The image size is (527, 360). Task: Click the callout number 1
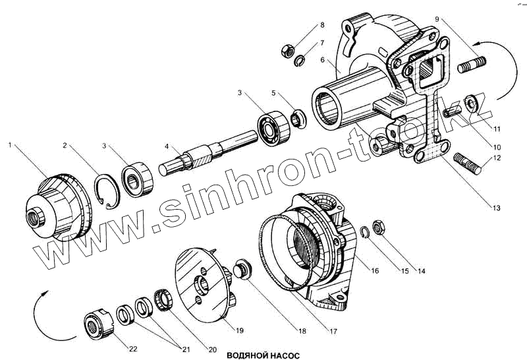click(10, 143)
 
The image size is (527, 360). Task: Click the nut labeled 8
click(287, 49)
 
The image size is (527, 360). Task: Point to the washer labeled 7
click(300, 62)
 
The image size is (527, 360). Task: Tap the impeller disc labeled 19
click(204, 284)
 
